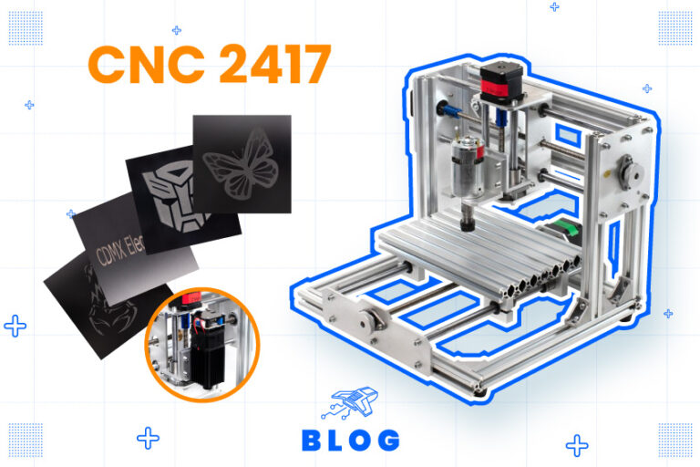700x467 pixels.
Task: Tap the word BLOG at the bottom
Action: click(x=350, y=441)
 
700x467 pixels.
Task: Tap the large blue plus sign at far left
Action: click(x=15, y=326)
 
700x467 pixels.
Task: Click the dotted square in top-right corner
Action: click(x=675, y=27)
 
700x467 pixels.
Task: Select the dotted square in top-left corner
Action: click(x=25, y=27)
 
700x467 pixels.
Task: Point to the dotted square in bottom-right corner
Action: click(x=675, y=439)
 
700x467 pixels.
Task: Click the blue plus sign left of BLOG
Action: click(x=149, y=438)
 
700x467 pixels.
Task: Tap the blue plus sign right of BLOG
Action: click(x=576, y=445)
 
